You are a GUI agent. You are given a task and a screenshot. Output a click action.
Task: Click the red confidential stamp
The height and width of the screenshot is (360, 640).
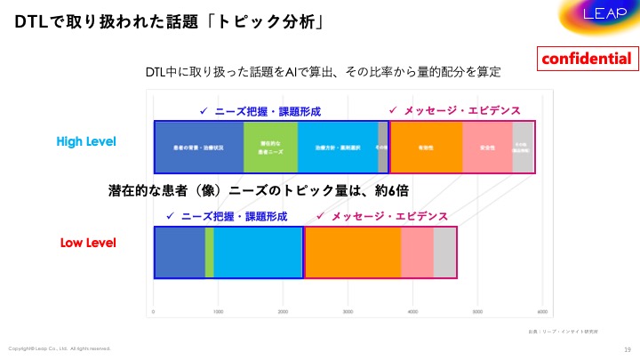[588, 60]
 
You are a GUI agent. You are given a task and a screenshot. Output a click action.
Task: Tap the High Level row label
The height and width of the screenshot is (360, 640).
[86, 141]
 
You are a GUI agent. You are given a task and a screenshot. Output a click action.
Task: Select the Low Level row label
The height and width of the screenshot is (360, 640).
[88, 242]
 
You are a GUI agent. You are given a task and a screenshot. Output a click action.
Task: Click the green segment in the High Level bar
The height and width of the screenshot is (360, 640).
[270, 146]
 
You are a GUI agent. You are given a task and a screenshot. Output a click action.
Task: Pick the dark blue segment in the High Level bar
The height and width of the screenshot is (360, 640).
[199, 146]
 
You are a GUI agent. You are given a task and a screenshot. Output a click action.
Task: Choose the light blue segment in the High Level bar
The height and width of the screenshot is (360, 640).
[338, 146]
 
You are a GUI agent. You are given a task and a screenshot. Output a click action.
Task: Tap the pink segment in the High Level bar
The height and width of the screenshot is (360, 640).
[487, 146]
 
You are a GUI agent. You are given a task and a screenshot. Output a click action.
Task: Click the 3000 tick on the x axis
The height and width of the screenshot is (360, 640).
[348, 312]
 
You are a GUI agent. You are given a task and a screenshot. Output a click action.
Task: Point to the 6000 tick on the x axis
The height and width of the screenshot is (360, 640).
[542, 312]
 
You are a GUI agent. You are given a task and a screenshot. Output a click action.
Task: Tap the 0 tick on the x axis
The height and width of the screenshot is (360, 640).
[155, 312]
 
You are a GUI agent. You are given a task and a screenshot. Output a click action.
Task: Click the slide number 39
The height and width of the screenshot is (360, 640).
[628, 348]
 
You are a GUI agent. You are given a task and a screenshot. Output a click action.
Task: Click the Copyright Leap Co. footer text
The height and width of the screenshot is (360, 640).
[60, 348]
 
